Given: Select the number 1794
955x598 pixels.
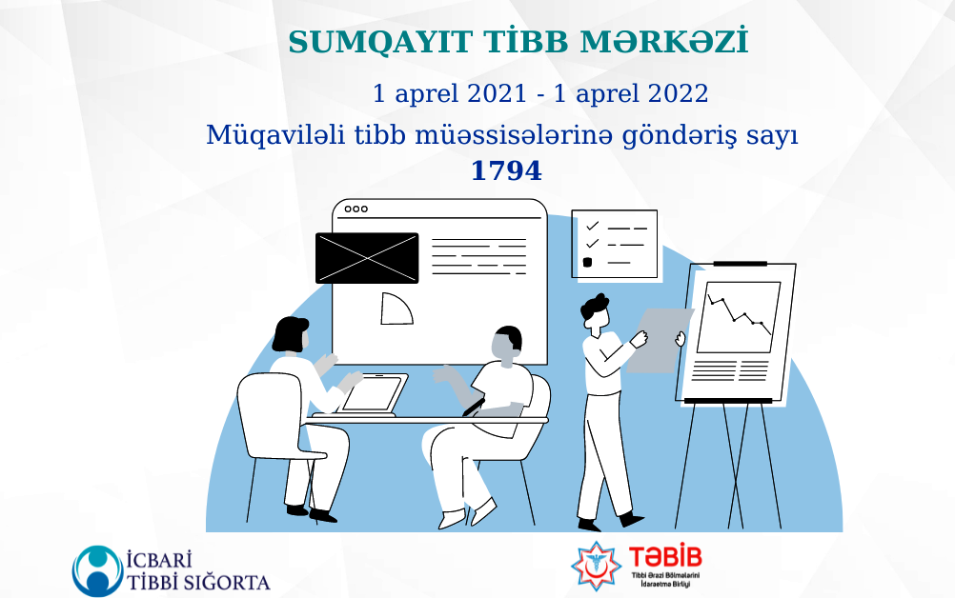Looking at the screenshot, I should click(x=506, y=171).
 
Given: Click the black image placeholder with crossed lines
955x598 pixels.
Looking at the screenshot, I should click(x=367, y=258).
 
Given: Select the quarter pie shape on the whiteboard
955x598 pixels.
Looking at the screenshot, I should click(x=395, y=309).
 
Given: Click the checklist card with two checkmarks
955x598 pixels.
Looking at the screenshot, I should click(x=615, y=244).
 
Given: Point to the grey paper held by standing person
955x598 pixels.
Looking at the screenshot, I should click(x=658, y=338).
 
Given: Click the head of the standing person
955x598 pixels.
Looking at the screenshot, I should click(x=595, y=313).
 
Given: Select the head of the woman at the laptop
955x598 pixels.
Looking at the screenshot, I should click(x=292, y=335).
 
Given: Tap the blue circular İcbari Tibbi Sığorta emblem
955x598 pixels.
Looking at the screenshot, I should click(x=96, y=568).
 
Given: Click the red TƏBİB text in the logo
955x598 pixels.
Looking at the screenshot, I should click(x=665, y=557).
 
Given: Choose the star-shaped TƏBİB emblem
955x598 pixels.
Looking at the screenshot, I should click(x=596, y=565).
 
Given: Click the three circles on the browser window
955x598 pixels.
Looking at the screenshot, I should click(x=356, y=209).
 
